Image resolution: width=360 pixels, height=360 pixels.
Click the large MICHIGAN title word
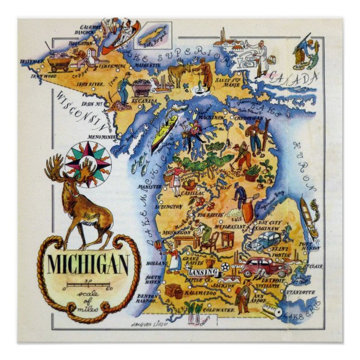(87, 262)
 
